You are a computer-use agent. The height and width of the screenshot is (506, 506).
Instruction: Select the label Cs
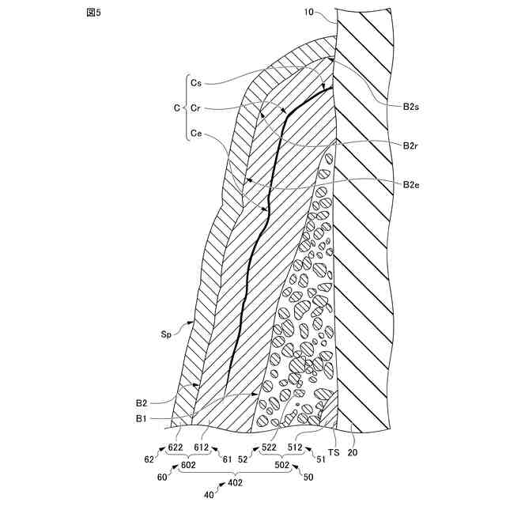click(x=197, y=81)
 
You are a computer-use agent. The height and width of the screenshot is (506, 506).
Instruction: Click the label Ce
click(x=197, y=134)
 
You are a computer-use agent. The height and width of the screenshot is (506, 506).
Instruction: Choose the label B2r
click(x=410, y=145)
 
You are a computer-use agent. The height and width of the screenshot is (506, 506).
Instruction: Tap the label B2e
click(x=410, y=185)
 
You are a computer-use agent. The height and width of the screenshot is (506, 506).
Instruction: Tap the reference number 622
click(x=176, y=447)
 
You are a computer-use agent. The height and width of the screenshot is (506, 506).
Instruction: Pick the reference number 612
click(x=202, y=447)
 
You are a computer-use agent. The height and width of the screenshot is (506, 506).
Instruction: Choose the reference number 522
click(x=270, y=447)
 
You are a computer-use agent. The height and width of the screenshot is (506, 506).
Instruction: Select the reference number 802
click(x=188, y=466)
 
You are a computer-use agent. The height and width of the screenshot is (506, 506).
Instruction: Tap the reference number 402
click(x=235, y=483)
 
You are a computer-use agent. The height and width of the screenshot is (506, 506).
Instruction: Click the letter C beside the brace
click(x=177, y=108)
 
